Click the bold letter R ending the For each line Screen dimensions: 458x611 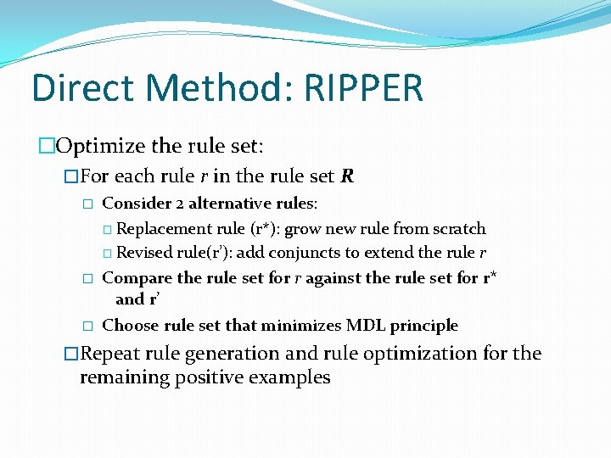coord(346,176)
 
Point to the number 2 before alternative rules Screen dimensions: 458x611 coord(179,204)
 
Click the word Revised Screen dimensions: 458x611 coord(141,253)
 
